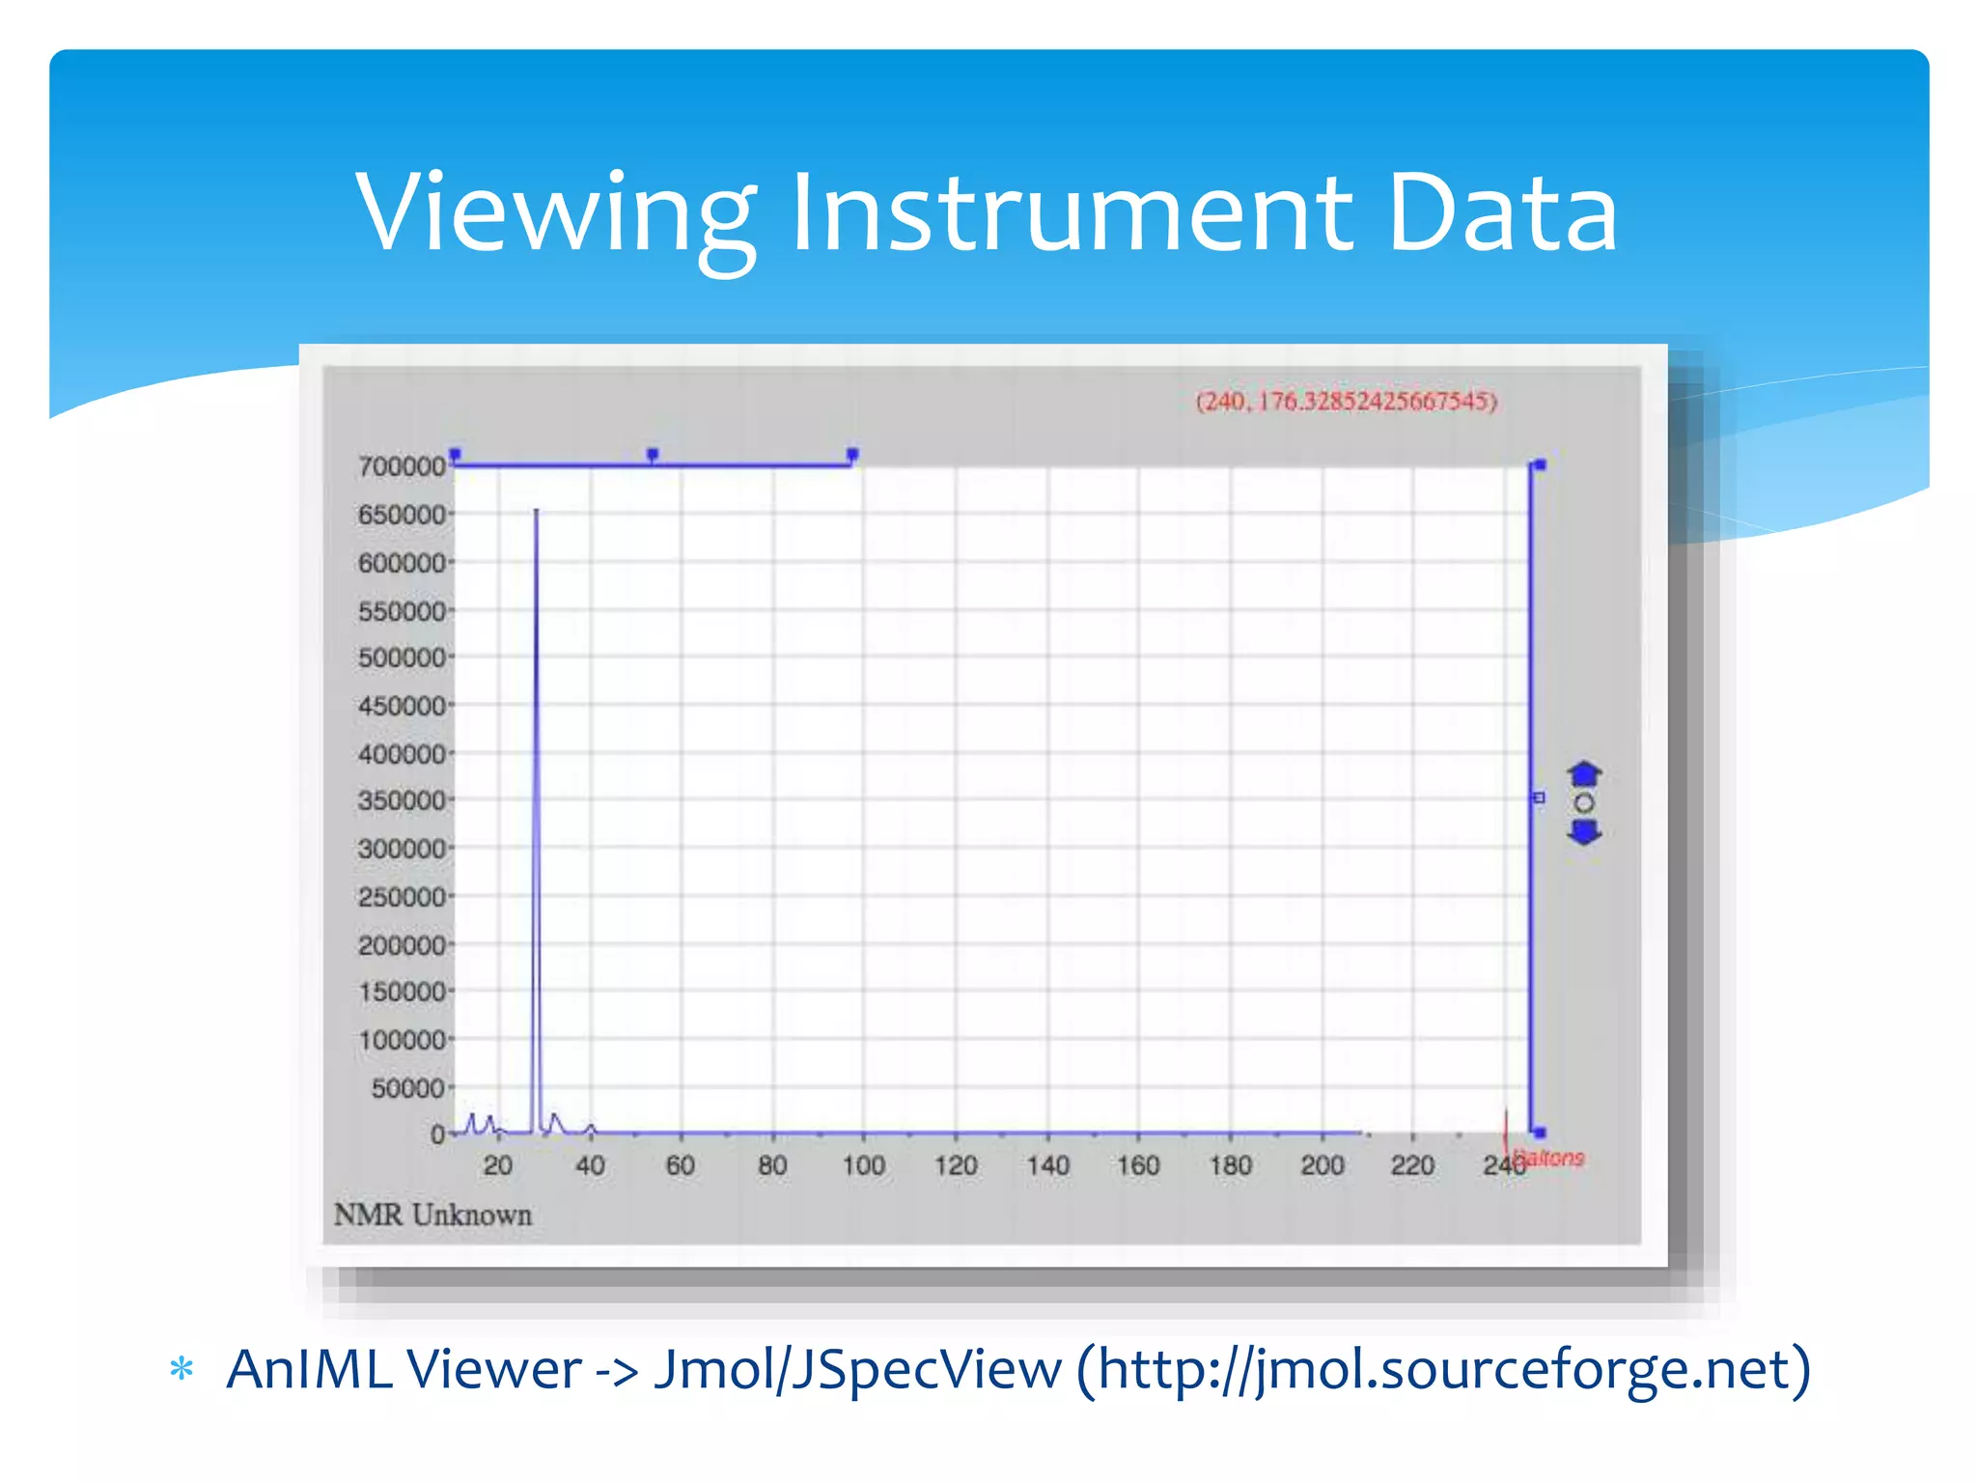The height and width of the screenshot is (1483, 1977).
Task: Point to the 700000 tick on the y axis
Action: pos(402,466)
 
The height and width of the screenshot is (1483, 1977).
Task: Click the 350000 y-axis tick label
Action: pos(402,801)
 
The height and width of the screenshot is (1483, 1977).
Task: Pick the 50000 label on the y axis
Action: pos(407,1088)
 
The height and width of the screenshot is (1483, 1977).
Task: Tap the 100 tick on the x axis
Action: pos(863,1165)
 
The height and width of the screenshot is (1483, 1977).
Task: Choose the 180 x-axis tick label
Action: pos(1230,1165)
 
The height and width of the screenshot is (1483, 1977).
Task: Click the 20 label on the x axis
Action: pos(498,1165)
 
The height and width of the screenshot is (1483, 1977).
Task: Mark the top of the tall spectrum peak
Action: pos(536,512)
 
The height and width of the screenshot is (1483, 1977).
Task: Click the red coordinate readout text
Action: pos(1346,402)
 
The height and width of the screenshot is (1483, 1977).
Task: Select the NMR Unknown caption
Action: pos(433,1215)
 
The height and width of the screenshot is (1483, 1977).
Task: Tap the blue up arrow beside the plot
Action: pos(1584,774)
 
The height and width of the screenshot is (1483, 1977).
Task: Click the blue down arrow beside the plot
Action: pos(1584,832)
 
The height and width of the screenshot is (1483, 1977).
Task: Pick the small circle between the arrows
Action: pos(1584,803)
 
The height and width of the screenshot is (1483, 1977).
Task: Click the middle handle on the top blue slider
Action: pos(653,454)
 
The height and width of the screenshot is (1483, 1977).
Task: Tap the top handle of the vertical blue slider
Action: pos(1540,465)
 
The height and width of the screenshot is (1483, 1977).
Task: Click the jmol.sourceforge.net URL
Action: pos(1444,1369)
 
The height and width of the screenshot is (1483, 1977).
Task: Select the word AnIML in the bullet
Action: pos(309,1369)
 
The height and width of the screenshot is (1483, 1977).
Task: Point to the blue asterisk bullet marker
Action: pos(181,1369)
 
